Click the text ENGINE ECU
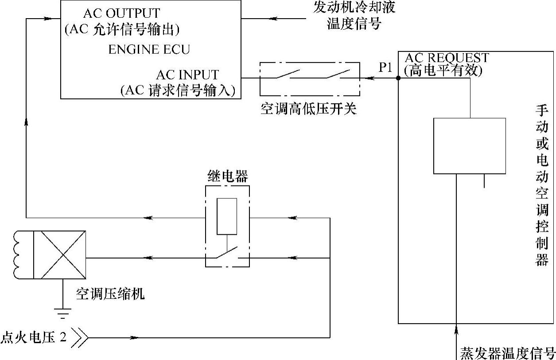[149, 49]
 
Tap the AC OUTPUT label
[121, 13]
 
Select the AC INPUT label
[187, 74]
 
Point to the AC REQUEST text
[447, 58]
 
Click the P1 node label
[385, 67]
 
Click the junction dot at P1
[398, 78]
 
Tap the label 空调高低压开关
[308, 109]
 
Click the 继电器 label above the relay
[227, 176]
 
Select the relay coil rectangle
[227, 217]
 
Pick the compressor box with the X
[60, 255]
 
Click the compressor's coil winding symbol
[19, 255]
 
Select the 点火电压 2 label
[34, 338]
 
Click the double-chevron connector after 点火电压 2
[80, 338]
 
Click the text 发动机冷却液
[354, 8]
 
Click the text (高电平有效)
[443, 70]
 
